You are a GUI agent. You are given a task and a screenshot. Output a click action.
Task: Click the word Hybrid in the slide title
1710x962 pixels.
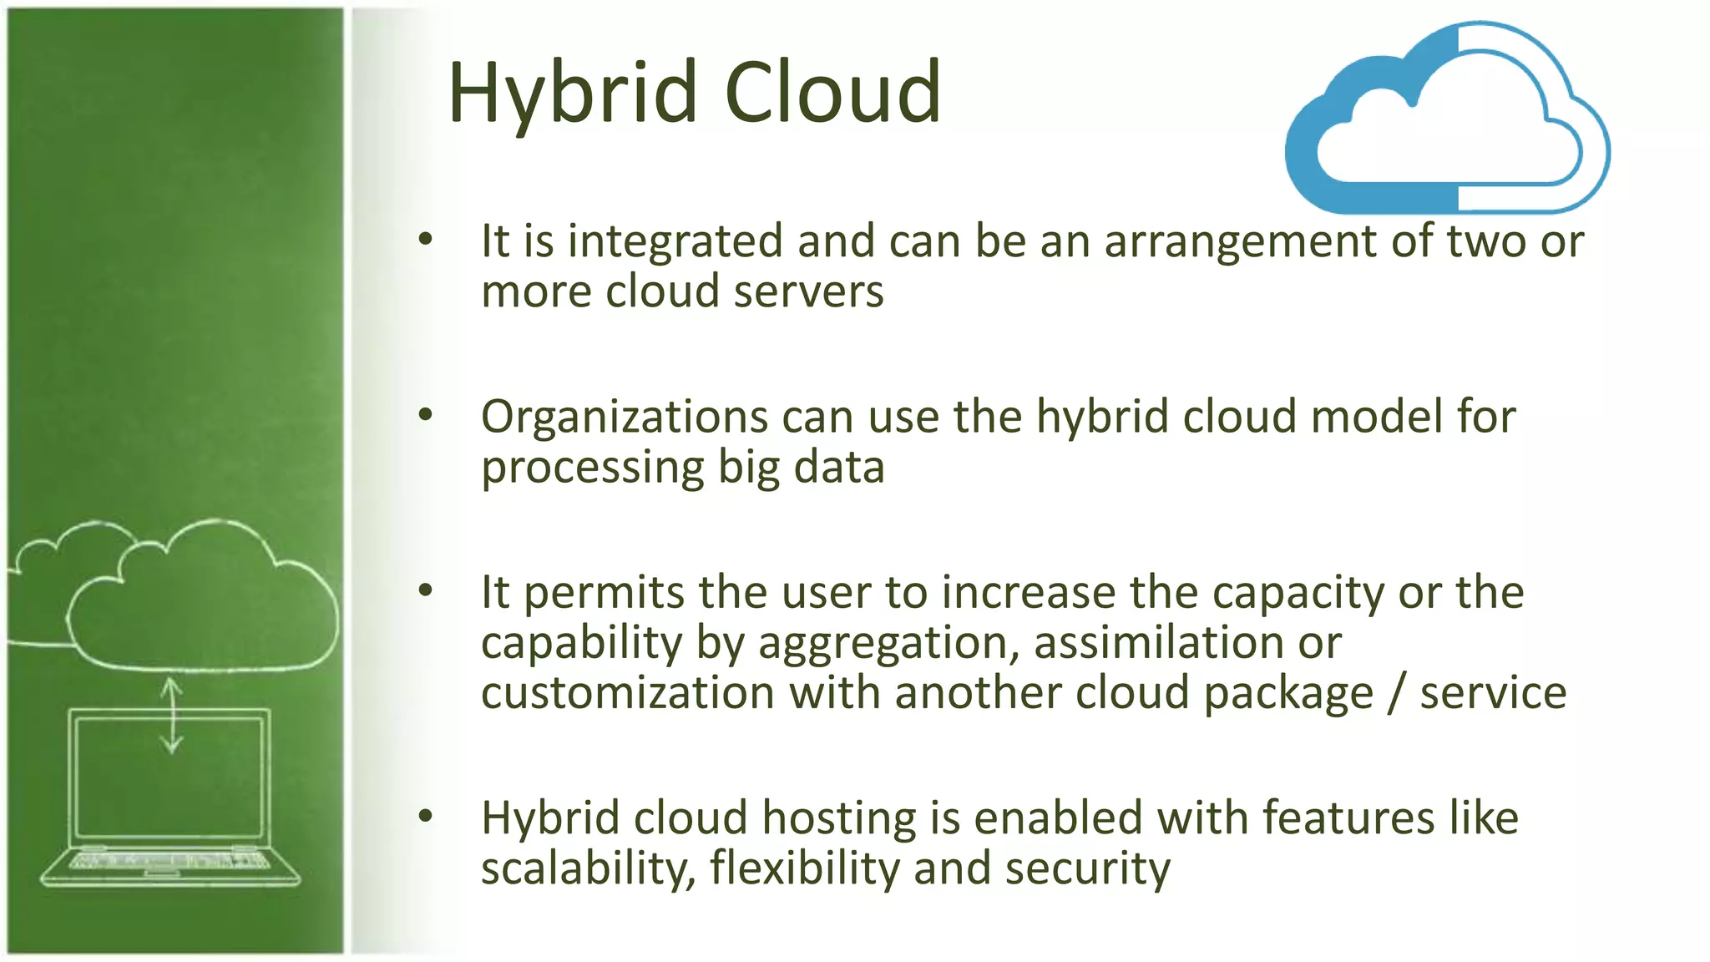(x=573, y=94)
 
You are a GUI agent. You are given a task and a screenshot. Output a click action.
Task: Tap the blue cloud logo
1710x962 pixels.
(x=1446, y=119)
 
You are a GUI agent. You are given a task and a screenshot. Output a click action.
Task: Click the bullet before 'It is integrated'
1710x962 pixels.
(x=426, y=240)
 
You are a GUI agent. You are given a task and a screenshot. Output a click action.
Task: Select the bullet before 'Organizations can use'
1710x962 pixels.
(x=426, y=415)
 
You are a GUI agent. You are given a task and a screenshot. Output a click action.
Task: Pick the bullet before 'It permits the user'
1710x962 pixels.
(x=426, y=591)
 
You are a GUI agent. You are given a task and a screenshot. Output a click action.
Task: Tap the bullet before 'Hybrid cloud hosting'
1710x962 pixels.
(x=426, y=816)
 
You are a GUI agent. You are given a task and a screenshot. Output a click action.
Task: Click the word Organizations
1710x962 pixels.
(x=624, y=417)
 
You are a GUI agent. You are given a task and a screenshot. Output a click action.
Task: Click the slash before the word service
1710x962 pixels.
(x=1395, y=693)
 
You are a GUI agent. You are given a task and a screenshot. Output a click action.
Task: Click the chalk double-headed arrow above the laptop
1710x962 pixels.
(x=172, y=716)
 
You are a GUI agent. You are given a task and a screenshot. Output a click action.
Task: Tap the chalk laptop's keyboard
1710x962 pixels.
(x=169, y=861)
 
